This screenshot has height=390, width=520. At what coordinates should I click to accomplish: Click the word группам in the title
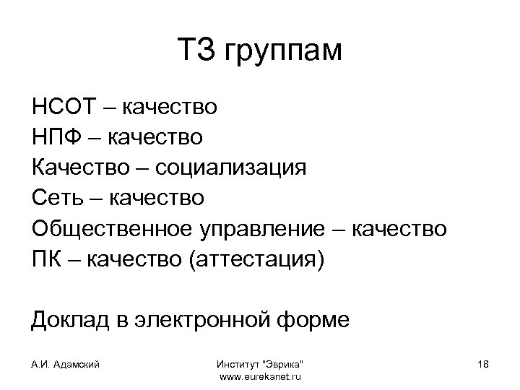pos(283,52)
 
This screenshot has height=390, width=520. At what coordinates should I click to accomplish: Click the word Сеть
pos(55,197)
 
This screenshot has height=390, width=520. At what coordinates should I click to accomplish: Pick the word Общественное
pos(108,228)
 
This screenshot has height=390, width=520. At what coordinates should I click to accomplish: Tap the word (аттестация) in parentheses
pos(256,259)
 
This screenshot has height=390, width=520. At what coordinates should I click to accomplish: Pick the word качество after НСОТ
pos(170,108)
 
